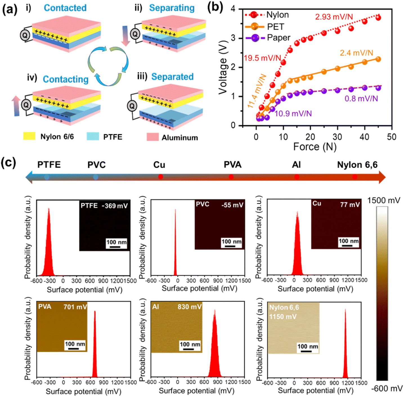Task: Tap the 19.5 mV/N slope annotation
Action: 262,58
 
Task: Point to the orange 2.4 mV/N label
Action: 356,53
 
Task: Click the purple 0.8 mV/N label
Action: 361,98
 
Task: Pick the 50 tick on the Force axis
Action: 391,137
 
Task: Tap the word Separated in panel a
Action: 172,77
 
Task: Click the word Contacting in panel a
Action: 66,79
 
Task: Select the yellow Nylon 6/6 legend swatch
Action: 29,136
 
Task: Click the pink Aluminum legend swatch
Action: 153,137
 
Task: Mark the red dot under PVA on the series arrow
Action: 231,177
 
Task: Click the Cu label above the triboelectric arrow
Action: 159,165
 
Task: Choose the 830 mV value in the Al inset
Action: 190,307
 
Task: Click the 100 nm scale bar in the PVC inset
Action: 230,246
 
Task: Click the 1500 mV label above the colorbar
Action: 383,200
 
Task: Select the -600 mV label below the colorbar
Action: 387,389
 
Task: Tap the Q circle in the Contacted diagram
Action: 25,35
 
